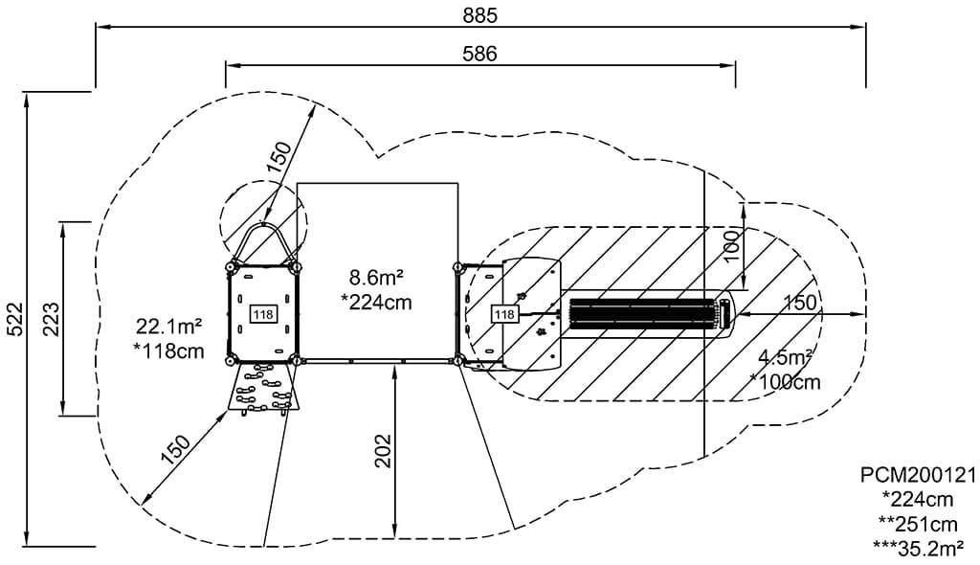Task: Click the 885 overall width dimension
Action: click(x=480, y=15)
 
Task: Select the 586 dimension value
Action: click(x=480, y=54)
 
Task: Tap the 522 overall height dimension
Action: click(x=14, y=319)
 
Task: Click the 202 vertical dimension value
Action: click(x=383, y=450)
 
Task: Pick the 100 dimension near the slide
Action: click(x=732, y=246)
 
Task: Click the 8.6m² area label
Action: click(x=375, y=276)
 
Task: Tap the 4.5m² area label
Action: click(x=786, y=358)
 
